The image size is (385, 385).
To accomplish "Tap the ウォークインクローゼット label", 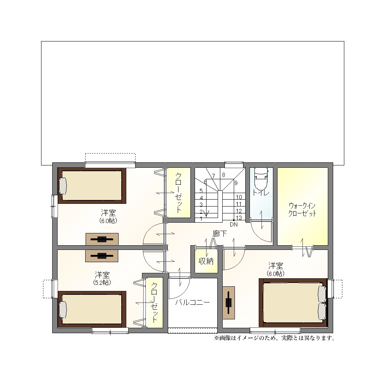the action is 302,210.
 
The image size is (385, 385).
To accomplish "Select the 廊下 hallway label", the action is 220,234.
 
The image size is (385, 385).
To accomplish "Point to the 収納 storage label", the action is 206,261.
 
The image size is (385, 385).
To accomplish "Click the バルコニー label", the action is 193,302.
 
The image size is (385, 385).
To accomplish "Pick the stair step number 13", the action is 239,218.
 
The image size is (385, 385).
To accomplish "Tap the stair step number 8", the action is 223,175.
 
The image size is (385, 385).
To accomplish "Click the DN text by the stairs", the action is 234,225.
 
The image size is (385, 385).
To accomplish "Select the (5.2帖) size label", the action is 102,283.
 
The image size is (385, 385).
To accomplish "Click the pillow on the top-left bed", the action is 63,186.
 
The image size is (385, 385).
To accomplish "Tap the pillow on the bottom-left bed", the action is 63,309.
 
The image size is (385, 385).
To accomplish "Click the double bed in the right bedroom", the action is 293,303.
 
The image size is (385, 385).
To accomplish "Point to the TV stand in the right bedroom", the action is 229,303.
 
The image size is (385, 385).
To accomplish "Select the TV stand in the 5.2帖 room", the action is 102,256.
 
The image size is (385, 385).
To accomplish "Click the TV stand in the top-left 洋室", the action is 102,239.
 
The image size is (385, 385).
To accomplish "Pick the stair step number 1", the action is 201,219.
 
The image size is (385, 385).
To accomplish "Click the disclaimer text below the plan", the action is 274,338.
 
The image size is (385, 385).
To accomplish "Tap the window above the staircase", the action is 234,165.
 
